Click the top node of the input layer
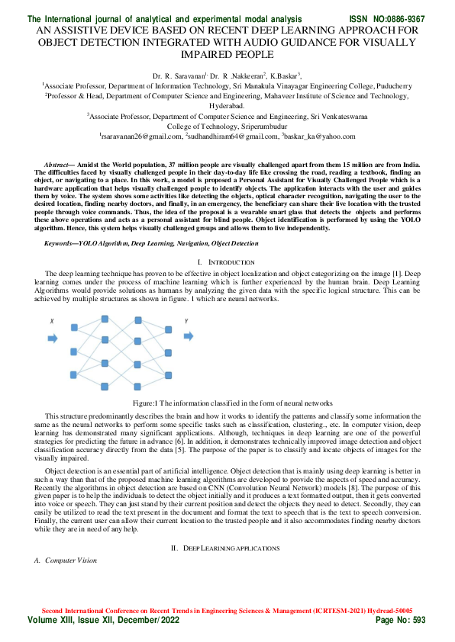(74, 326)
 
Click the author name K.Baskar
(284, 76)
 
